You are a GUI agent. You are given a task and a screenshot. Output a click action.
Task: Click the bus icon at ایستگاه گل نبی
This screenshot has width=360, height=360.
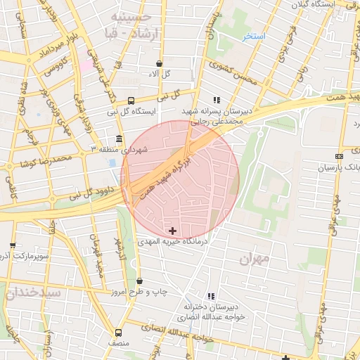[131, 100]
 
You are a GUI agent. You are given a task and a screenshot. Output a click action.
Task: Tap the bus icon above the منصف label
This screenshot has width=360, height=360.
[117, 333]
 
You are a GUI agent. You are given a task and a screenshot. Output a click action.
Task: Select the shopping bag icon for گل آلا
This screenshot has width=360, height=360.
[161, 63]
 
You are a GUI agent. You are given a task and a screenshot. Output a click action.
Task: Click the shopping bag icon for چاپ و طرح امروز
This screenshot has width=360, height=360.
[139, 281]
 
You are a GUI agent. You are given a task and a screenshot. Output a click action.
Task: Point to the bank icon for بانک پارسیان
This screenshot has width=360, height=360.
[340, 156]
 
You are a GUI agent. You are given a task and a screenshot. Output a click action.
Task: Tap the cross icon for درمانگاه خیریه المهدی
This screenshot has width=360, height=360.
[172, 231]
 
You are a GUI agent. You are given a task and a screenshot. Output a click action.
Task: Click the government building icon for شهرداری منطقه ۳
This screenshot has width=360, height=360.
[118, 139]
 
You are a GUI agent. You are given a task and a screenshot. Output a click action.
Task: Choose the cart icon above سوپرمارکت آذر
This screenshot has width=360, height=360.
[13, 245]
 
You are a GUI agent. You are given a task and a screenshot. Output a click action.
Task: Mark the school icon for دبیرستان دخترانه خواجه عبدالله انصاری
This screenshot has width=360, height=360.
[211, 296]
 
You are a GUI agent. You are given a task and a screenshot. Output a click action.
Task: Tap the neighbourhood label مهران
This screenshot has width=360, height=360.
[255, 259]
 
